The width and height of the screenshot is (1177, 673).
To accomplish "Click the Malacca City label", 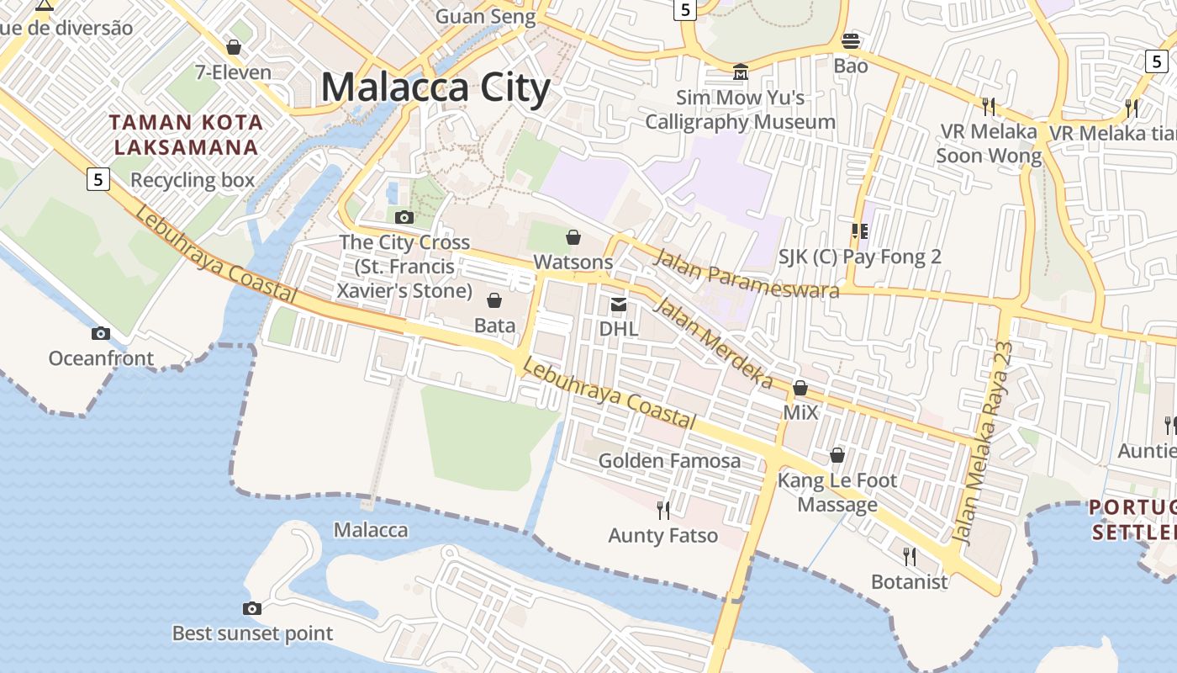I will pyautogui.click(x=435, y=87).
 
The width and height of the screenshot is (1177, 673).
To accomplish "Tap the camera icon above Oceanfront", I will pyautogui.click(x=101, y=333).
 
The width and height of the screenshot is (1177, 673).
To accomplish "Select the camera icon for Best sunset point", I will pyautogui.click(x=251, y=608).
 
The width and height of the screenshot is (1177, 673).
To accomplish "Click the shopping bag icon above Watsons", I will pyautogui.click(x=573, y=237).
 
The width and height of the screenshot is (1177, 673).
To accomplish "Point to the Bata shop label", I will pyautogui.click(x=494, y=325).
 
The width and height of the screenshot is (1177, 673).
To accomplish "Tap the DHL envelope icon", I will pyautogui.click(x=619, y=304).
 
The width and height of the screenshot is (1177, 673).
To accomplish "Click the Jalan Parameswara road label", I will pyautogui.click(x=746, y=273).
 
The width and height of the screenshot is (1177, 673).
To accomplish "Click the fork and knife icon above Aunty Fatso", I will pyautogui.click(x=663, y=509).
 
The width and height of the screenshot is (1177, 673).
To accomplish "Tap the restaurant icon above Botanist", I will pyautogui.click(x=909, y=556).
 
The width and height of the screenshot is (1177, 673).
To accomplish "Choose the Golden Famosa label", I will pyautogui.click(x=669, y=460).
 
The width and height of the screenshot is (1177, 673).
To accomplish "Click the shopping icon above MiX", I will pyautogui.click(x=800, y=388).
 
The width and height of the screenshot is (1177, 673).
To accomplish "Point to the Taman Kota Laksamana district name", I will pyautogui.click(x=186, y=135).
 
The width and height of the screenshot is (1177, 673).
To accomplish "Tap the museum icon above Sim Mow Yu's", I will pyautogui.click(x=740, y=72).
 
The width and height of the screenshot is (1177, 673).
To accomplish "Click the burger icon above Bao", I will pyautogui.click(x=851, y=40).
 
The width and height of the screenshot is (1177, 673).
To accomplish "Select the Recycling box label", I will pyautogui.click(x=192, y=180).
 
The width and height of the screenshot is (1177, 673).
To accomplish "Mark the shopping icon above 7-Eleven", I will pyautogui.click(x=234, y=47).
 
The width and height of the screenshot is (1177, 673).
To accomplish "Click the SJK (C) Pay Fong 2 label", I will pyautogui.click(x=859, y=257).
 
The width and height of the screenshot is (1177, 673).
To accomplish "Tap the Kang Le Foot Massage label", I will pyautogui.click(x=837, y=492).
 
